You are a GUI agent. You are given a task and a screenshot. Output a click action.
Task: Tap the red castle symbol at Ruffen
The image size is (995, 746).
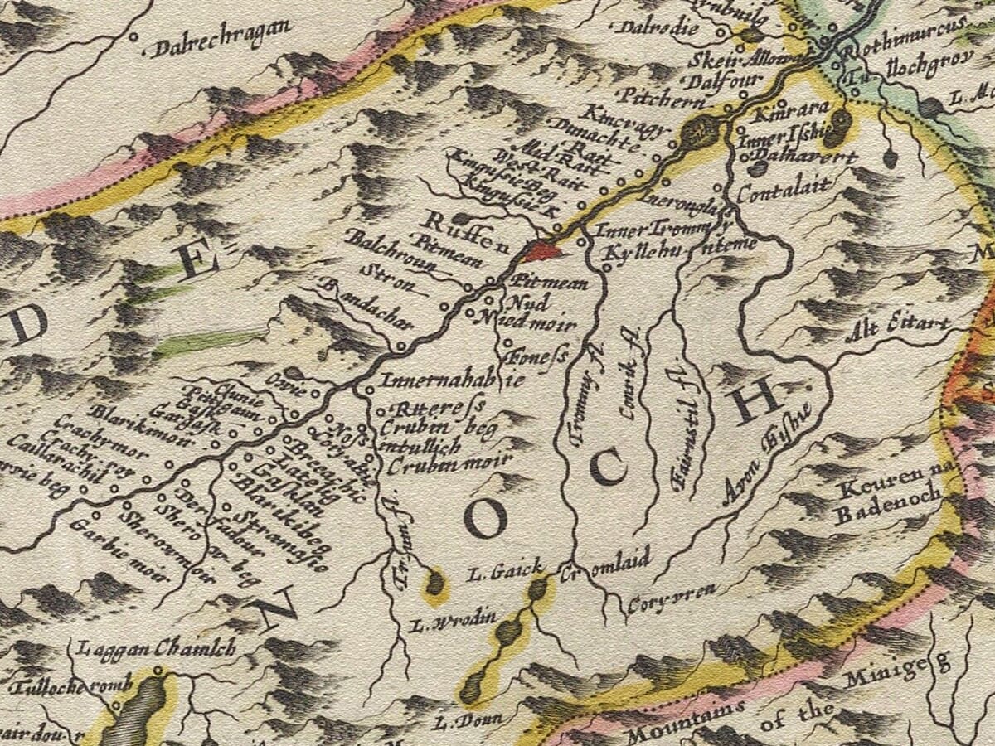coord(541,249)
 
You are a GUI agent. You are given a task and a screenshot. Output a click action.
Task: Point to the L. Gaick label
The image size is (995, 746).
coord(503,572)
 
